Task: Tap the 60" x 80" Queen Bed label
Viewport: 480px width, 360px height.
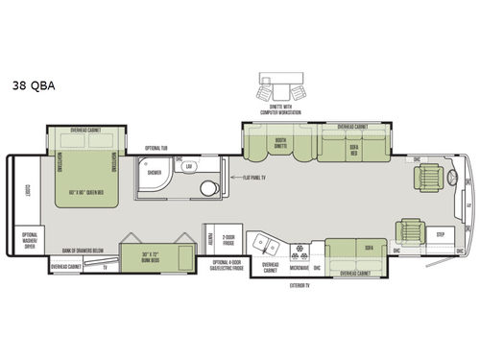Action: click(x=84, y=194)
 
